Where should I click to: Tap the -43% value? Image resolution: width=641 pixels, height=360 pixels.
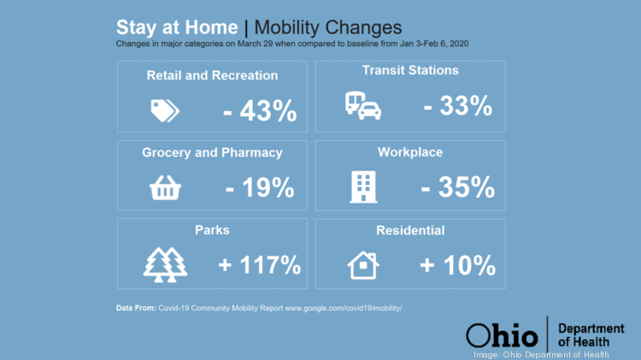(260, 111)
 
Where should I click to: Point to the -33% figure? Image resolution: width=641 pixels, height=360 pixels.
(458, 106)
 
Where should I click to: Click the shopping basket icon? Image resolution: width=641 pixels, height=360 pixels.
(164, 188)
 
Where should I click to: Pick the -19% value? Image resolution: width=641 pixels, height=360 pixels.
(260, 187)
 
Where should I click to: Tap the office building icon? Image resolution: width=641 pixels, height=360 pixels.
(363, 186)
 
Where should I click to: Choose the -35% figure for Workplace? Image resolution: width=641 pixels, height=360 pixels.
(458, 186)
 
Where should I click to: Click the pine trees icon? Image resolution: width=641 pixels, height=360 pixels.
(164, 264)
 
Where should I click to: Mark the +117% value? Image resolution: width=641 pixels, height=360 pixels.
(260, 265)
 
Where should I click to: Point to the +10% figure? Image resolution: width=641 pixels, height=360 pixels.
(458, 265)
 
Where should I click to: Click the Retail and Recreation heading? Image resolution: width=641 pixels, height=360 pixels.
(212, 75)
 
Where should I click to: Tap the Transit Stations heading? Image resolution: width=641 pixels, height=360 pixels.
(410, 70)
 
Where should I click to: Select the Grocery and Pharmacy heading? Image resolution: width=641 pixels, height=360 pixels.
(212, 153)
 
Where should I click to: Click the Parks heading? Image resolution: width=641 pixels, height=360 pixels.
(212, 230)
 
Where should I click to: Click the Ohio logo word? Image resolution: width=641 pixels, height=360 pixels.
(502, 334)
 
